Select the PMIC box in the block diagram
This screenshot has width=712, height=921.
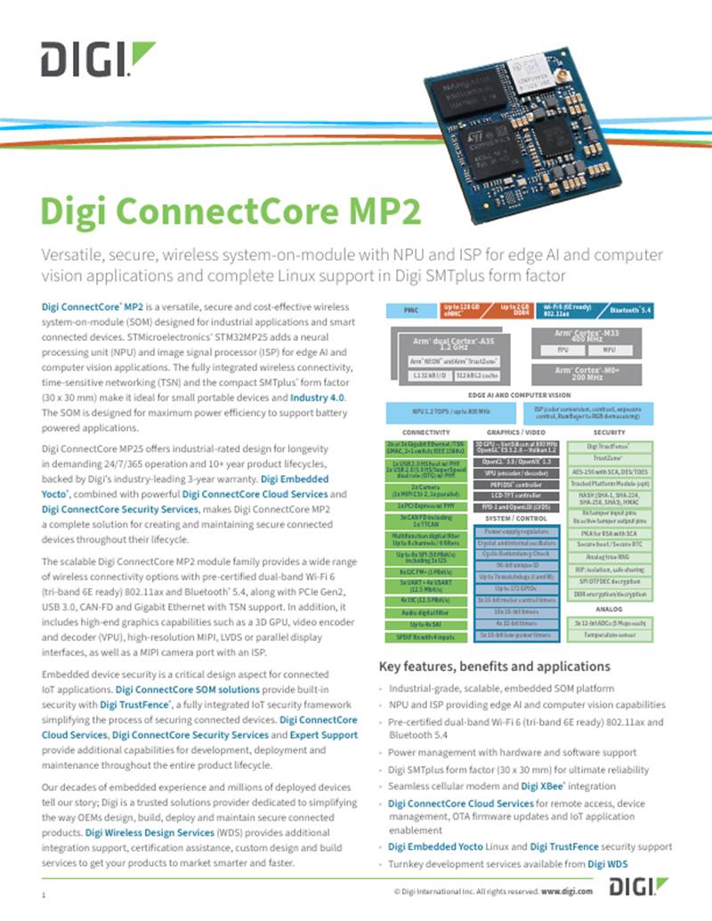pos(411,311)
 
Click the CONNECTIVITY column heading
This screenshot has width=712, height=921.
pos(426,432)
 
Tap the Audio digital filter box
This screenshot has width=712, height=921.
pos(426,613)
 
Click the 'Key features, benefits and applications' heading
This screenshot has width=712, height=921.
pos(494,666)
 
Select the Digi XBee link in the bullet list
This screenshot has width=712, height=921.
pos(544,786)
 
